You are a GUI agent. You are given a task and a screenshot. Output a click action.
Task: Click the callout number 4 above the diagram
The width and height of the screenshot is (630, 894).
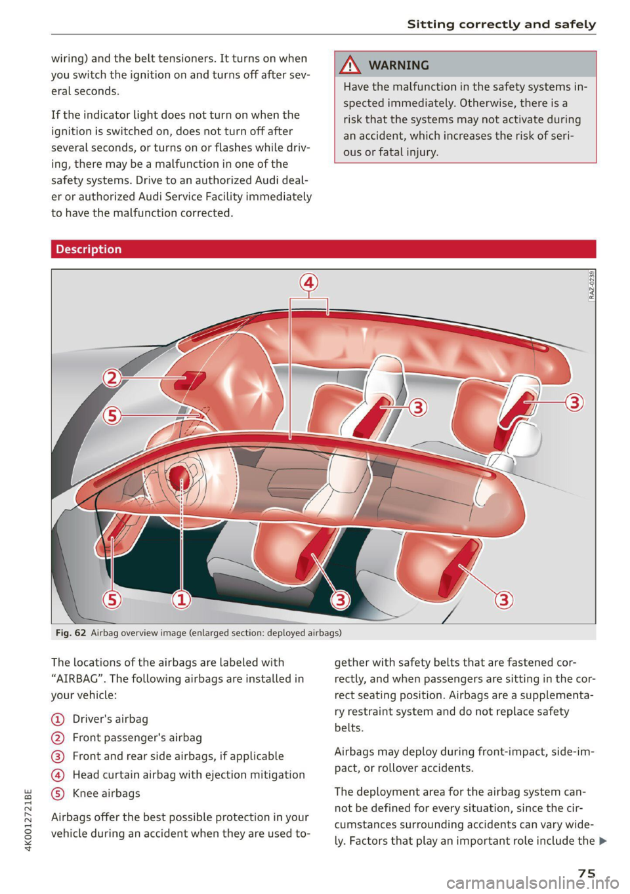point(309,283)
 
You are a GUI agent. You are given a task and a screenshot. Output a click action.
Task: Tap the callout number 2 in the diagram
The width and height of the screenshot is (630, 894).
point(113,378)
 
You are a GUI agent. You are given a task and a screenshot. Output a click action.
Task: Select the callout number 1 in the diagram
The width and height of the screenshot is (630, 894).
point(181,599)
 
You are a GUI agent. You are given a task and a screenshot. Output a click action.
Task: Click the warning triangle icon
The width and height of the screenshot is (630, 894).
point(351,65)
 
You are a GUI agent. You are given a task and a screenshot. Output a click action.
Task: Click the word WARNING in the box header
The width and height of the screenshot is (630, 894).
point(399,66)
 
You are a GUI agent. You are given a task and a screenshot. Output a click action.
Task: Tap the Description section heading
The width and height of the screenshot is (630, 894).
point(89,249)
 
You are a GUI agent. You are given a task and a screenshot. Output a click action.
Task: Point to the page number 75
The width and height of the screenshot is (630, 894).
point(586,872)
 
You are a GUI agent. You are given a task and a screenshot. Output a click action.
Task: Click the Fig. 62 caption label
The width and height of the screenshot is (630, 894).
point(71,633)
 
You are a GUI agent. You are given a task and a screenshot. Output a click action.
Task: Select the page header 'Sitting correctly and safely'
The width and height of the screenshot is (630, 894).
point(501,24)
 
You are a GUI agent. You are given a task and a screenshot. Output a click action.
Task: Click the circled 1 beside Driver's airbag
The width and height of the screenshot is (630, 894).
point(58,720)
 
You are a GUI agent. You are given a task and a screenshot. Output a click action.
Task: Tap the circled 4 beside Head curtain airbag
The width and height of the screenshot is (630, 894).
point(58,775)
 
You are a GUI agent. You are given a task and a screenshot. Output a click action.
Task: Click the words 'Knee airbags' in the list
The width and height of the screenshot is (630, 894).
point(106,794)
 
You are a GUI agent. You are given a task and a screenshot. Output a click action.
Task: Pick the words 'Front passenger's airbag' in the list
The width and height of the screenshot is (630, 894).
point(137,738)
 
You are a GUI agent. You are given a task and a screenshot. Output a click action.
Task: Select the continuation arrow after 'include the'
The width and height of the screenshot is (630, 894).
point(603,842)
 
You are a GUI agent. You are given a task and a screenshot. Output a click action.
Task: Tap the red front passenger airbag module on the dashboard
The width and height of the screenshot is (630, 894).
point(190,381)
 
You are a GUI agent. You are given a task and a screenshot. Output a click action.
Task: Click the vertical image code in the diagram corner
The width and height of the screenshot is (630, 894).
point(591,285)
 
